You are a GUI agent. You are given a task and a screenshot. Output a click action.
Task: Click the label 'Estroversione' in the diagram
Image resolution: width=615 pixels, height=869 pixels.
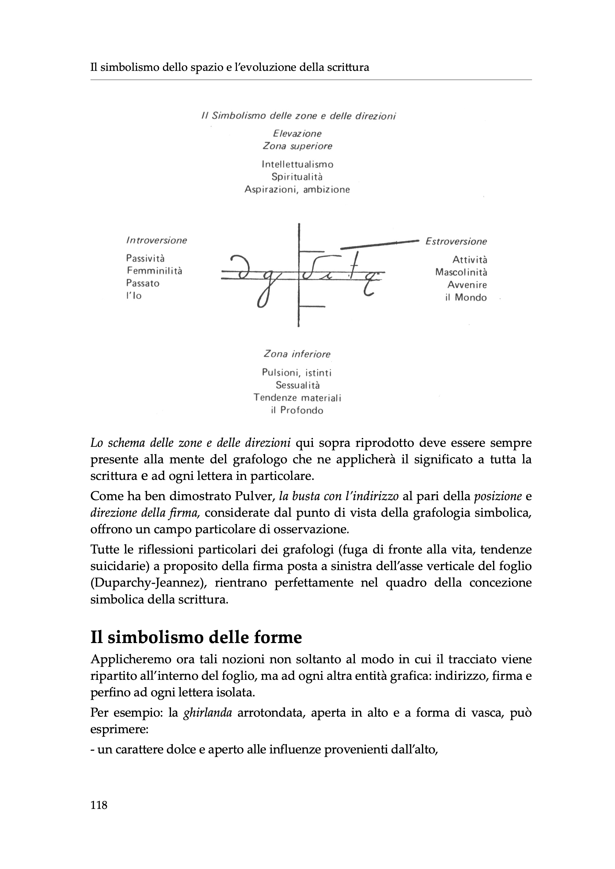point(456,241)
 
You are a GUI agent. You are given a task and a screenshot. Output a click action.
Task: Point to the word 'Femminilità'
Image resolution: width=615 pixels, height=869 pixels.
point(154,271)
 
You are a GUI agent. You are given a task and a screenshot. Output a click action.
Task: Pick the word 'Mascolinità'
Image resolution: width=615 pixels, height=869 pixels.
point(461,272)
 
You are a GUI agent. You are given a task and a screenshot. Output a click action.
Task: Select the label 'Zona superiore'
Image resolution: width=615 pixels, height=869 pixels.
point(297,146)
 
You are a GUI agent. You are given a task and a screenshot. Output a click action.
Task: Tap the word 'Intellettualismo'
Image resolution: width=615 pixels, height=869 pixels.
point(297,164)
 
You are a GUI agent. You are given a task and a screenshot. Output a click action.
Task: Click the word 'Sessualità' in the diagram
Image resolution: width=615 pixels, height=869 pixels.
point(297,385)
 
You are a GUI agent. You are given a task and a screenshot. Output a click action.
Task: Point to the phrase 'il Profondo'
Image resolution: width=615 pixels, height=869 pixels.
point(297,411)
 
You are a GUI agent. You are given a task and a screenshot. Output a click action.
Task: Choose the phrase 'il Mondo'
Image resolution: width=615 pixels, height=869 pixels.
point(466,297)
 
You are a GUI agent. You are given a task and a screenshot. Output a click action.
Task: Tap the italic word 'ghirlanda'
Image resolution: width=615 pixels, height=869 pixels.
point(207,713)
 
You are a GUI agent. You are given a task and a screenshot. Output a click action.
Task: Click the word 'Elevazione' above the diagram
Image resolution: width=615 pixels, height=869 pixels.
point(297,133)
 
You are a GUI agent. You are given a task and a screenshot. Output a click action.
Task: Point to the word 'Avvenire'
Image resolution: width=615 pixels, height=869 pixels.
point(467,285)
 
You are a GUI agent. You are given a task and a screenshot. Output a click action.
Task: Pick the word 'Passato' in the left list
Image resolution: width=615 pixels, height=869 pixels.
point(143,283)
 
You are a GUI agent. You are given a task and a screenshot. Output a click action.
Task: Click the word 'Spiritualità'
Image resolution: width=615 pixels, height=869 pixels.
point(297,177)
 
